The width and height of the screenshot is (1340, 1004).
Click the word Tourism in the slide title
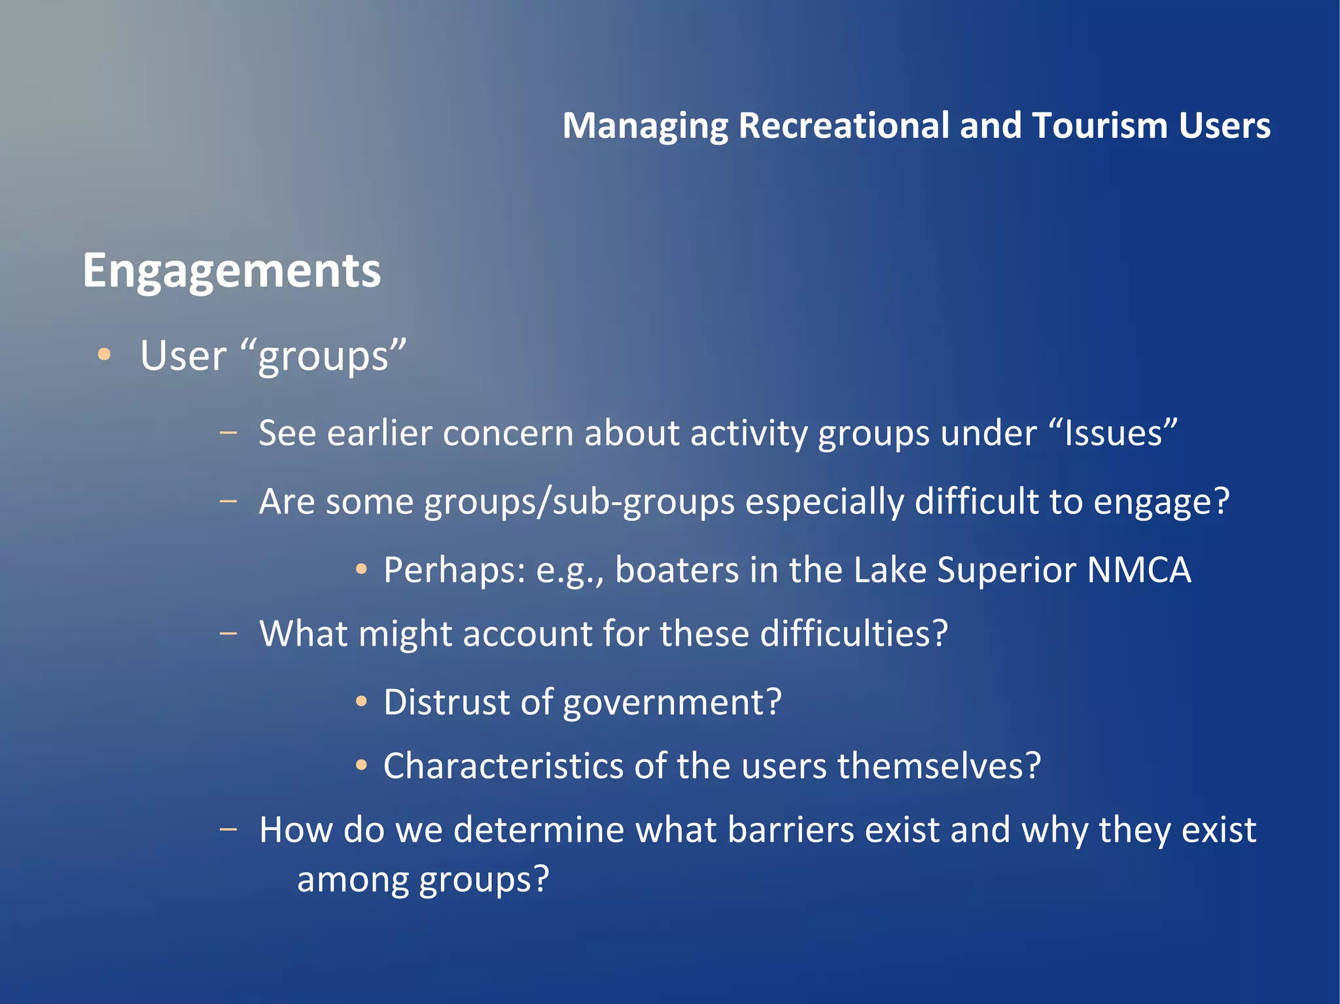coord(1099,126)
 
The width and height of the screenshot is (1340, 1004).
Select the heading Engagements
coord(232,271)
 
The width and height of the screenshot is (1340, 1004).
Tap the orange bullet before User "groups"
coord(104,355)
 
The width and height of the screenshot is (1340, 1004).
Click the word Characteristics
coord(503,766)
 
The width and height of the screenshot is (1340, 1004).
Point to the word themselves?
coord(939,766)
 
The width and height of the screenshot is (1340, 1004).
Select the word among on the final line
coord(353,880)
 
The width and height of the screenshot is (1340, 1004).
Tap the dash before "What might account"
coord(228,633)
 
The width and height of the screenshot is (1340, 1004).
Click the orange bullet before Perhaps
coord(361,570)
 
